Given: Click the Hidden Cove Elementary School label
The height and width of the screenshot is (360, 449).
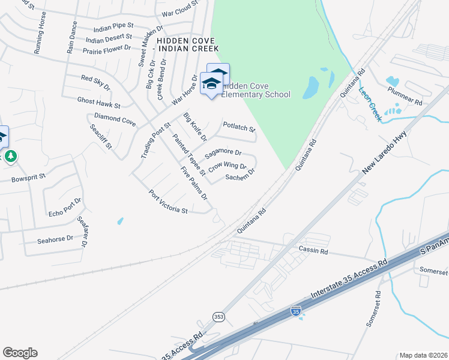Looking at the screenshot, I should pos(256,91).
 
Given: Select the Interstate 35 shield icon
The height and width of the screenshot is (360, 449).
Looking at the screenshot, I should pos(295,311).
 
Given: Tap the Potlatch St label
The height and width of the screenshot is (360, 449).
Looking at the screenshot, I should pos(239,127).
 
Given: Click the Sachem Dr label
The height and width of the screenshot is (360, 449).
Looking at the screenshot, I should pos(240,174).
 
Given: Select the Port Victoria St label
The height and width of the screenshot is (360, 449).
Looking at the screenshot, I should pos(169,202).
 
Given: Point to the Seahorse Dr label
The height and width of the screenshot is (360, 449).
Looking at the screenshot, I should pos(55,238).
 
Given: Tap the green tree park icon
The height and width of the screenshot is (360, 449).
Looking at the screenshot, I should pos(10,157).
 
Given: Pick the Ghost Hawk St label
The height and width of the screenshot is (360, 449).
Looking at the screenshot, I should pos(98,103).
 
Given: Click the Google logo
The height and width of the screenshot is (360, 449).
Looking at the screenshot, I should pos(20,353).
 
